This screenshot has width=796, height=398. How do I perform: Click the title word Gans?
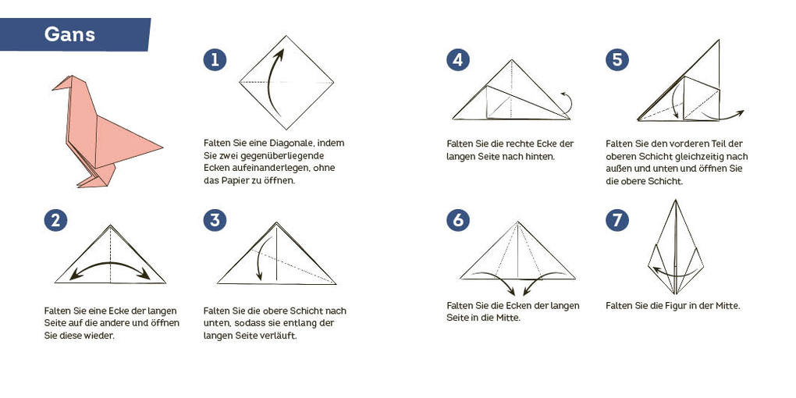pyautogui.click(x=69, y=34)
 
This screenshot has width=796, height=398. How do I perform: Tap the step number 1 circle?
pyautogui.click(x=215, y=59)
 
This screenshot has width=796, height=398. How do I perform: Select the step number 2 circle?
pyautogui.click(x=55, y=220)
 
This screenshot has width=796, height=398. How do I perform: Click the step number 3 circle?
pyautogui.click(x=215, y=220)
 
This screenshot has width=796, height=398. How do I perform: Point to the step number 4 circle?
pyautogui.click(x=458, y=59)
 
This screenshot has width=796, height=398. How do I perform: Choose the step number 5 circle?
pyautogui.click(x=617, y=59)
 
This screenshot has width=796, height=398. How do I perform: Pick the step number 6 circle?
pyautogui.click(x=458, y=220)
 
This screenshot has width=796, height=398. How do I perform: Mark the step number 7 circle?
pyautogui.click(x=617, y=220)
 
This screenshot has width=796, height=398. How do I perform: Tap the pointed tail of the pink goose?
pyautogui.click(x=160, y=146)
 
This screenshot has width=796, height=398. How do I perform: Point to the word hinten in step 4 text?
pyautogui.click(x=538, y=156)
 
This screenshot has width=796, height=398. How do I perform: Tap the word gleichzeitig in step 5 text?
pyautogui.click(x=694, y=156)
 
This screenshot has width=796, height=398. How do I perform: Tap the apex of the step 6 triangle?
pyautogui.click(x=517, y=222)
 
